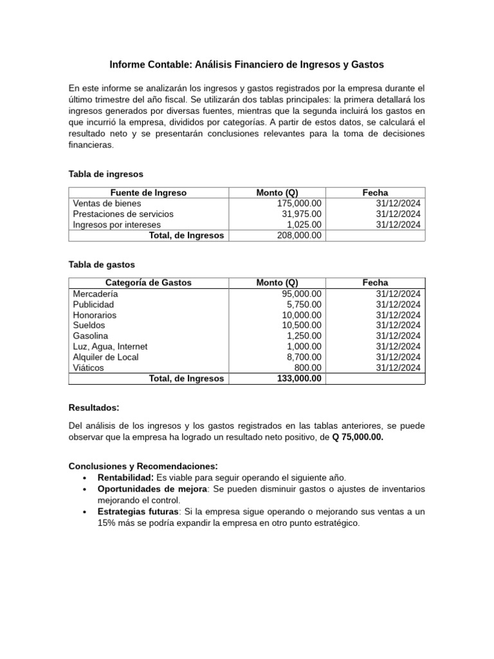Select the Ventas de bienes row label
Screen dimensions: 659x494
[x=104, y=203]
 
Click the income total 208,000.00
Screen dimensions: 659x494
[x=299, y=236]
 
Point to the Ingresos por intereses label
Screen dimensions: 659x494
[x=117, y=225]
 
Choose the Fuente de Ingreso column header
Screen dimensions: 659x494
[x=149, y=192]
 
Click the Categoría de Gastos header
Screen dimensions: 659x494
[x=149, y=283]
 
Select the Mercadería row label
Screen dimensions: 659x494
[x=95, y=293]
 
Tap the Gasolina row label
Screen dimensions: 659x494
[x=91, y=336]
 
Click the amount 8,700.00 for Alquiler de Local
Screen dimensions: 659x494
[x=304, y=357]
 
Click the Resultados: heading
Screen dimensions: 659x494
[x=94, y=407]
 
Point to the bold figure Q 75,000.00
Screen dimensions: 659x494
[x=358, y=437]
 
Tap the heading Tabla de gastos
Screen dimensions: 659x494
[x=102, y=264]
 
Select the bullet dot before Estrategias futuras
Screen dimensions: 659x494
[x=85, y=512]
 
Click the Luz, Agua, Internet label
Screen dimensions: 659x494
[x=110, y=346]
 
